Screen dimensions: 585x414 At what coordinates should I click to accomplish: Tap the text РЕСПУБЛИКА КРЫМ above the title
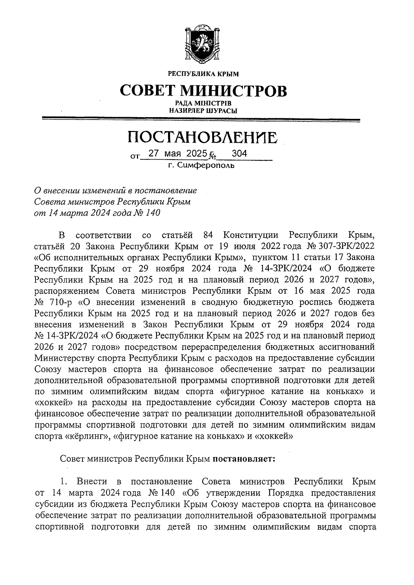(x=203, y=74)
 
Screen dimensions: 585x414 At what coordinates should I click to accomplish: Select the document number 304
(x=239, y=153)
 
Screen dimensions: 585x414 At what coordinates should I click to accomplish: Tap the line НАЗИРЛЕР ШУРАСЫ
(x=203, y=111)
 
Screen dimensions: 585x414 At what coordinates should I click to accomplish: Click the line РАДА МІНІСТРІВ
(x=203, y=103)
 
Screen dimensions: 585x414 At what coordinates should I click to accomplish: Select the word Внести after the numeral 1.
(x=92, y=481)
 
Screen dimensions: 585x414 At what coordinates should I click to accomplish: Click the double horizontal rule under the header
(x=200, y=120)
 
